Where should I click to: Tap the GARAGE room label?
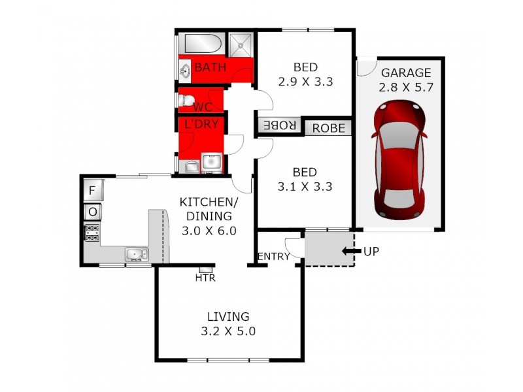(x=406, y=73)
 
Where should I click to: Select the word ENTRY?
(x=273, y=257)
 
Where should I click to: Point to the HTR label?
(x=205, y=278)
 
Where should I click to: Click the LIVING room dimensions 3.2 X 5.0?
(x=228, y=331)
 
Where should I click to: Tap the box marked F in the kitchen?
(x=92, y=191)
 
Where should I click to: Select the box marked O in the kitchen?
(x=92, y=212)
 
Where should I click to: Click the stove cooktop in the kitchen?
(x=92, y=232)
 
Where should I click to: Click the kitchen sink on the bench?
(x=137, y=254)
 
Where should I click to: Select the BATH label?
(x=211, y=67)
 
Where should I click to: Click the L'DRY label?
(x=201, y=123)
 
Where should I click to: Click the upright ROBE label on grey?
(x=328, y=128)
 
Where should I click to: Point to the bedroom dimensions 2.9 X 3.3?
(x=305, y=82)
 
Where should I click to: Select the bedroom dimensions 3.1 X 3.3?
(x=305, y=186)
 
